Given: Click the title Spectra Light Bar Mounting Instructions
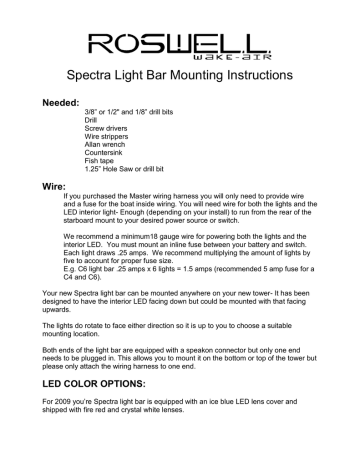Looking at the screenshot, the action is point(179,76).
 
